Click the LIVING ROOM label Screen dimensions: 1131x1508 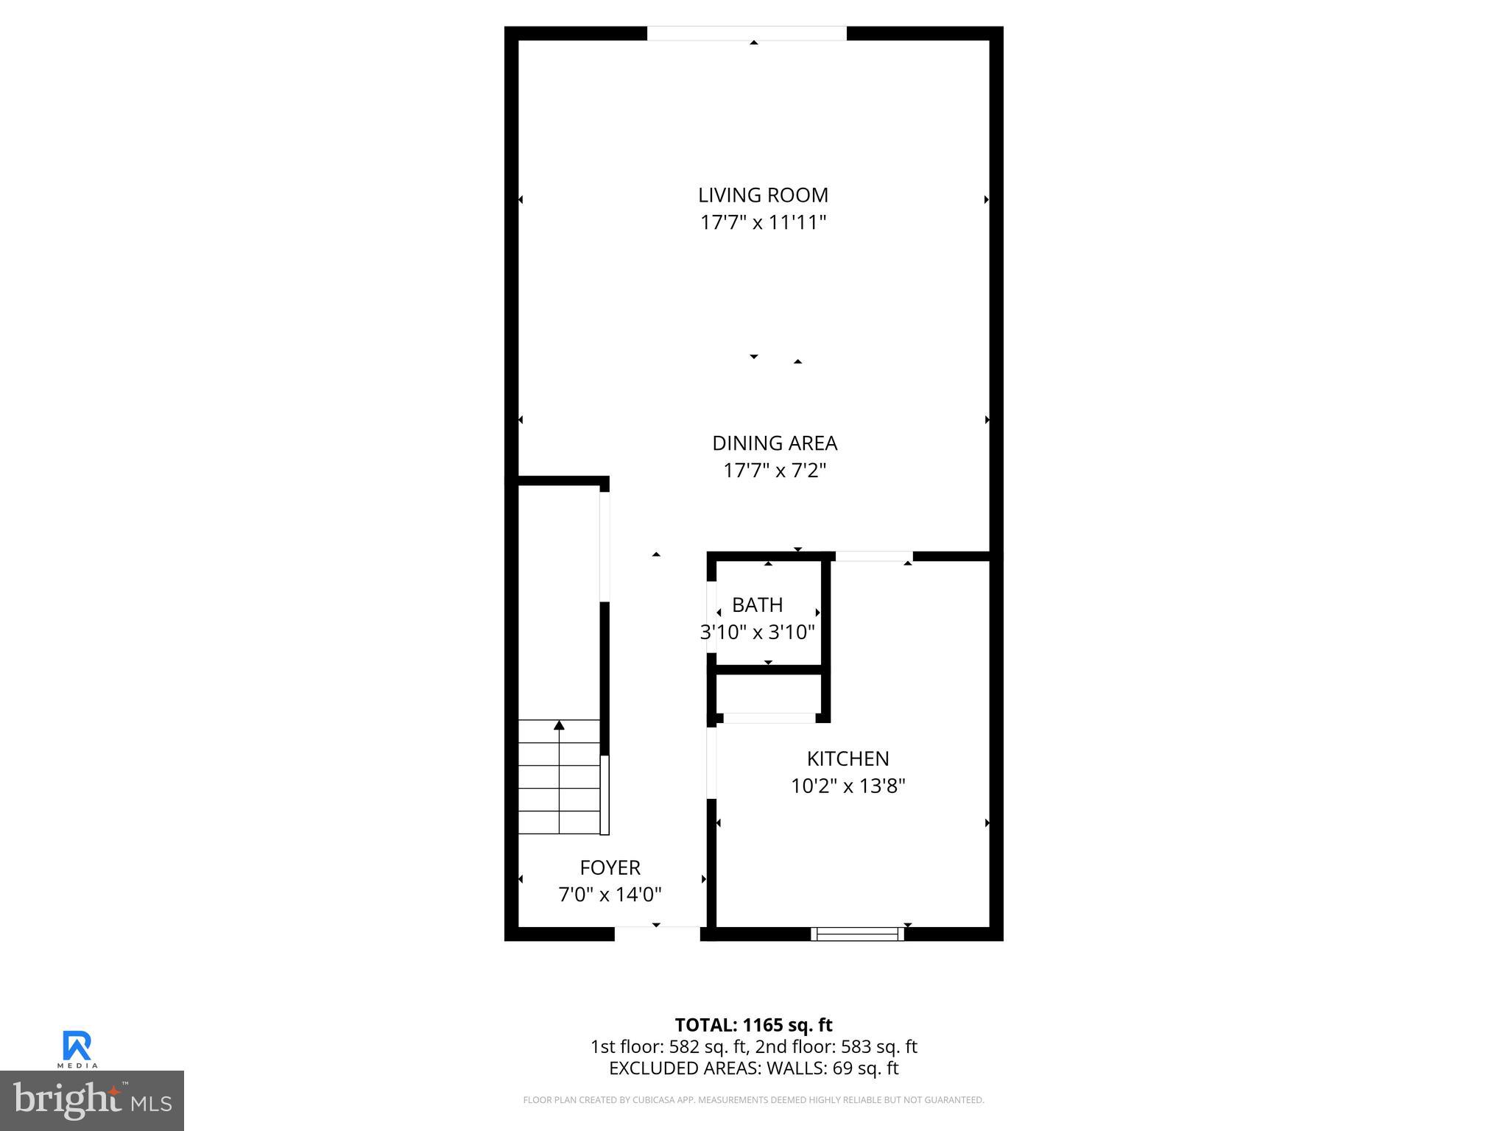pos(763,195)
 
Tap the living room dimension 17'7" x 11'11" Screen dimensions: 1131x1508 pos(763,222)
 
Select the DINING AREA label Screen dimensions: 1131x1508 pos(775,443)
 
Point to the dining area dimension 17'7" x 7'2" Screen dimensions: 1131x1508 pos(775,471)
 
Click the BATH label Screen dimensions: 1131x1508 pos(757,605)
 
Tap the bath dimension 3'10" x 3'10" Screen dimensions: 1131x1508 pos(757,632)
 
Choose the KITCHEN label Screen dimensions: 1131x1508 pos(848,758)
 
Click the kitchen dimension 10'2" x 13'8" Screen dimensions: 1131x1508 pos(848,786)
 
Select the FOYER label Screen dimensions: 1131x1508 pos(610,867)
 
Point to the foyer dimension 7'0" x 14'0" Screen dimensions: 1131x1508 pos(610,895)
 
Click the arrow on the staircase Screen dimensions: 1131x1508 pos(559,726)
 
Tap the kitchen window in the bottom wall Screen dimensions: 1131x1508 pos(857,934)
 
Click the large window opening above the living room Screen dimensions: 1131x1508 pos(747,34)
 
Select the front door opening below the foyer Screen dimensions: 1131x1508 pos(657,933)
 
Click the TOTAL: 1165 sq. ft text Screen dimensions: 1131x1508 pos(753,1025)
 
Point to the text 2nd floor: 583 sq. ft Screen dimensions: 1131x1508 pos(836,1046)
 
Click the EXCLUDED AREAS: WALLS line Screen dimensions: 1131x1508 pos(753,1068)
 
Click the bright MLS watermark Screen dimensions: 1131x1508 pos(92,1101)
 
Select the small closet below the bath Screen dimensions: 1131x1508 pos(769,693)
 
